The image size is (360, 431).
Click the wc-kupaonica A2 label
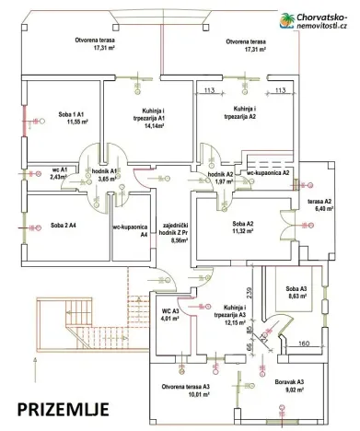268,172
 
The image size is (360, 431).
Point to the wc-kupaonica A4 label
131,230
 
